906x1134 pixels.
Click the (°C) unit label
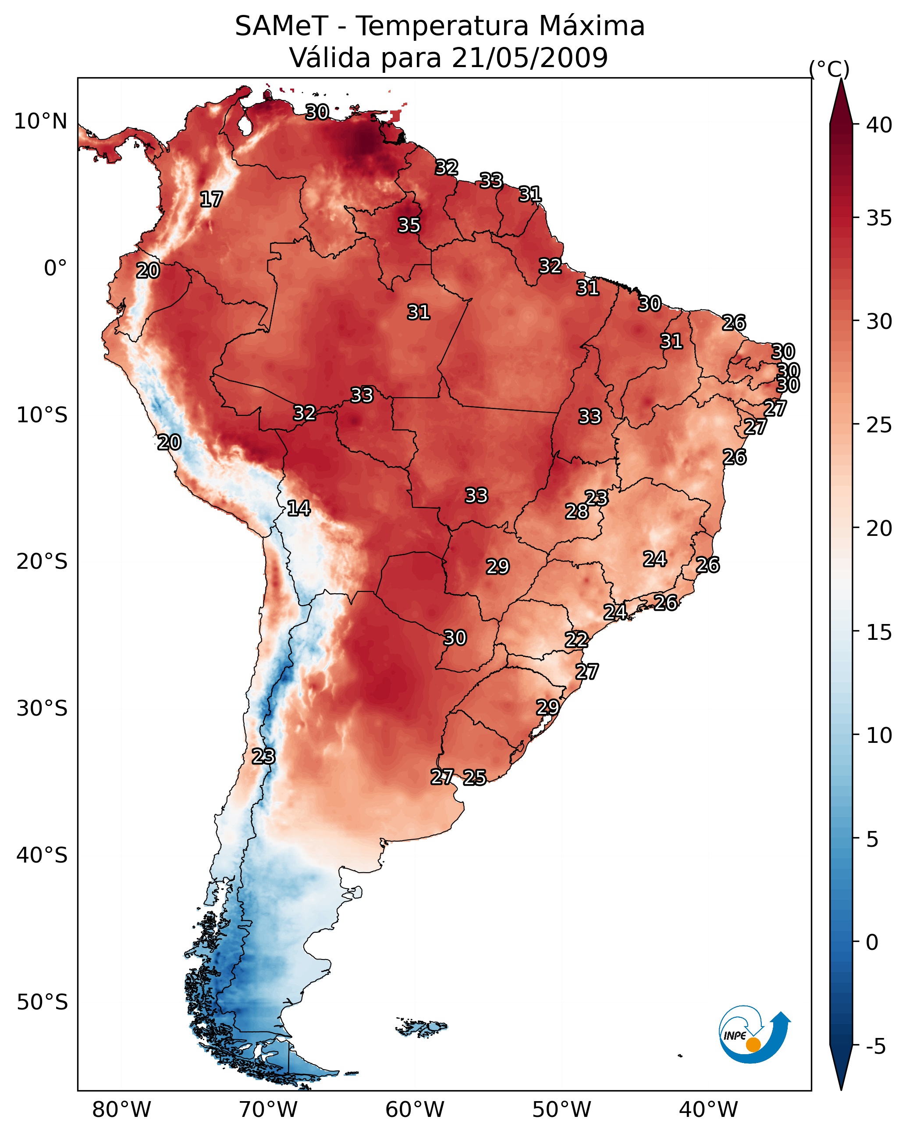pyautogui.click(x=829, y=69)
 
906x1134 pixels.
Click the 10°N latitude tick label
pyautogui.click(x=40, y=121)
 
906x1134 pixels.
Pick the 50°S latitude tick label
pyautogui.click(x=42, y=1002)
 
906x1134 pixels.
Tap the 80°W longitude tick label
pyautogui.click(x=121, y=1109)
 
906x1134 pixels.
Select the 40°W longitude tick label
pyautogui.click(x=709, y=1109)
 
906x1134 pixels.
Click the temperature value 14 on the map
pyautogui.click(x=298, y=508)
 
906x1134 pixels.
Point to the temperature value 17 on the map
pyautogui.click(x=211, y=200)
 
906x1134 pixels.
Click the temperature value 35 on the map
pyautogui.click(x=409, y=225)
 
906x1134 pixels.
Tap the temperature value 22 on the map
pyautogui.click(x=576, y=640)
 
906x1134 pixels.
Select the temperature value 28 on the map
pyautogui.click(x=577, y=511)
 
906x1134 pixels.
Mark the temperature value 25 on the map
pyautogui.click(x=475, y=777)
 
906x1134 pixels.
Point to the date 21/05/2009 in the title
pyautogui.click(x=530, y=57)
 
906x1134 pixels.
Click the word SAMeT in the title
pyautogui.click(x=281, y=26)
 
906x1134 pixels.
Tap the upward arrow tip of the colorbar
pyautogui.click(x=841, y=78)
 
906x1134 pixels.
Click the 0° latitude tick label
pyautogui.click(x=56, y=268)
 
